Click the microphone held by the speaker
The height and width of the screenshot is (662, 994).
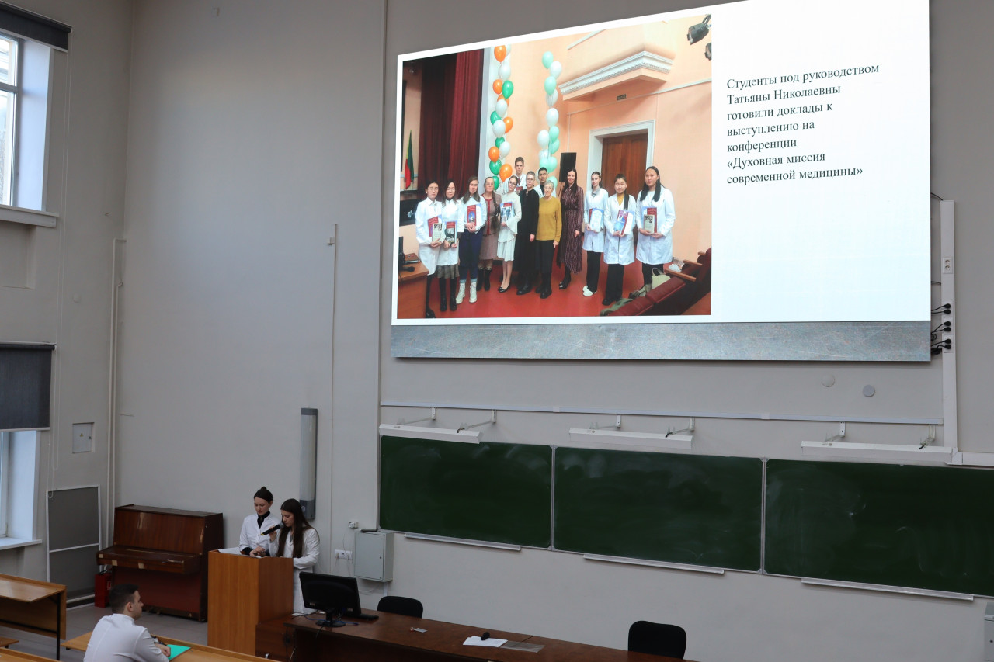coord(271,529)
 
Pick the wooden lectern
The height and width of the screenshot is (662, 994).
coord(250,602)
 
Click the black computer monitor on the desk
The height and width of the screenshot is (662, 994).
coord(331,595)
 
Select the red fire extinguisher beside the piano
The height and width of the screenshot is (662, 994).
coord(103,587)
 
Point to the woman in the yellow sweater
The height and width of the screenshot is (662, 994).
coord(548,238)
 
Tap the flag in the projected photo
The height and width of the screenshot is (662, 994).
coord(408,161)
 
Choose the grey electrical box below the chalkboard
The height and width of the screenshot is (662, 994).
coord(374,556)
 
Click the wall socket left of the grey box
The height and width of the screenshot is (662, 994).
coord(343,554)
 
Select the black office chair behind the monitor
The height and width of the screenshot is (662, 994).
coord(400,607)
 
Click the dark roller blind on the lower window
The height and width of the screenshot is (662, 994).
coord(26,386)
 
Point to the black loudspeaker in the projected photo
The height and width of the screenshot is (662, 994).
coord(567,166)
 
